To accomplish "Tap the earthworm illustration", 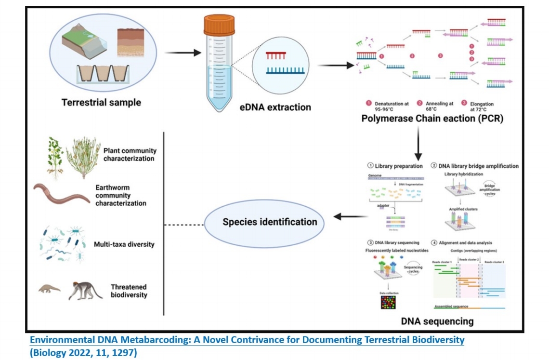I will [x=61, y=193].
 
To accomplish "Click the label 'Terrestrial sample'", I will [x=101, y=102].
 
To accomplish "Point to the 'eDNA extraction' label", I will [x=275, y=107].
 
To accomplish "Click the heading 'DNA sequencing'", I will [x=437, y=320].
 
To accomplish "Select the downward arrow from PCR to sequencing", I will [x=418, y=144].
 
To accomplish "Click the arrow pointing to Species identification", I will [x=350, y=217].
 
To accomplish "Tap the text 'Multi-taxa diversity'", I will [x=124, y=244].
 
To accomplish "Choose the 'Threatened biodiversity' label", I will [x=129, y=291].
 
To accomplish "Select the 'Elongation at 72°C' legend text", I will [x=482, y=107].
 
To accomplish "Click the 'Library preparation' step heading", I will [x=399, y=166].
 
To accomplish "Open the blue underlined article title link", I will [x=247, y=340].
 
